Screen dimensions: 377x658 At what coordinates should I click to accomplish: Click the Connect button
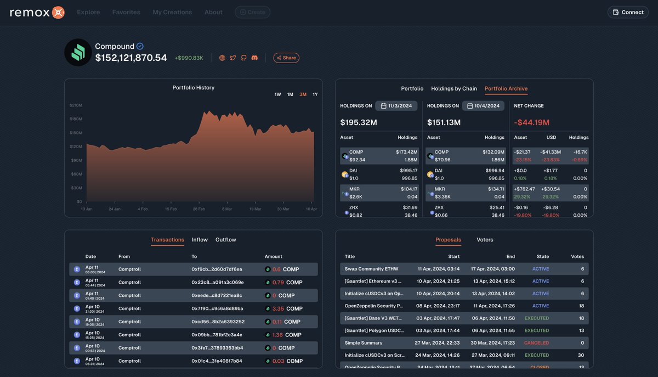(628, 12)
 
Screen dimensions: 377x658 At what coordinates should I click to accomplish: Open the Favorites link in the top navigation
(126, 12)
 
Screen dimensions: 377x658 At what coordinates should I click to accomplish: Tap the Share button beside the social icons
(286, 58)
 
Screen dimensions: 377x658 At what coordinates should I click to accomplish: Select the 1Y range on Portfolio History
(315, 94)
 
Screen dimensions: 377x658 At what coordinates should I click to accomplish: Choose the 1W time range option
(277, 94)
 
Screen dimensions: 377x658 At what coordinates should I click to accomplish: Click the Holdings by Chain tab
(454, 88)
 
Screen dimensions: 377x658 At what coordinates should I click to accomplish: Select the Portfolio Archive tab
(506, 88)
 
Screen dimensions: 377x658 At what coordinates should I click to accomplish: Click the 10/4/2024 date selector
(483, 106)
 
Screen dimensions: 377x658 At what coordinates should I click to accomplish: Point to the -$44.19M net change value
(531, 122)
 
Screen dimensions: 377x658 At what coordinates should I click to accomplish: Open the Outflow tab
(225, 240)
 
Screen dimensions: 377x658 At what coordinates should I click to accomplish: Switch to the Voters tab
(485, 240)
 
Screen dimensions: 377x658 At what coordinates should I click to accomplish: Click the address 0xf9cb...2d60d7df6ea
(217, 269)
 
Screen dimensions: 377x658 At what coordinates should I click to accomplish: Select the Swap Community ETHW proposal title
(371, 269)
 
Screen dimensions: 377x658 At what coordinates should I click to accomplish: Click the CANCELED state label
(536, 343)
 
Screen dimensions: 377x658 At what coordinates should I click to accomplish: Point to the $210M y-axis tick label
(76, 105)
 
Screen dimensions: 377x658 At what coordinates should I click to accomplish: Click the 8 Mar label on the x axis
(226, 209)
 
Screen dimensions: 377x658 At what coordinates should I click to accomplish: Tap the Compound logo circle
(78, 53)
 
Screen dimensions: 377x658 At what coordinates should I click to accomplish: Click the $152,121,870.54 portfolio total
(131, 58)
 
